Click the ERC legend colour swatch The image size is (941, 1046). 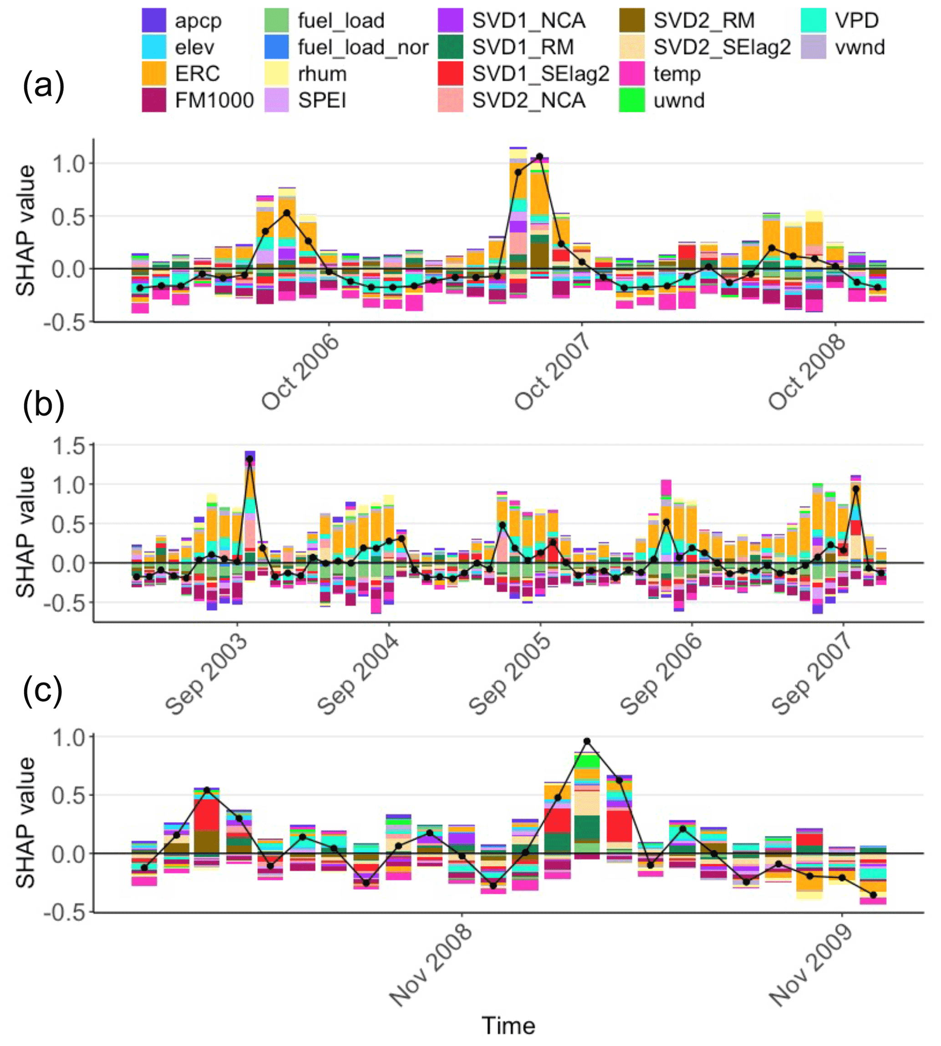[154, 73]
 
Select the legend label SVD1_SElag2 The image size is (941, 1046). [540, 74]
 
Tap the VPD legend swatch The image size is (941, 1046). [813, 20]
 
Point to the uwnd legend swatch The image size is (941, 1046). [632, 100]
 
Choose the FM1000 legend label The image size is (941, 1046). [214, 100]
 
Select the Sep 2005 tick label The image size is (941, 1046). [509, 674]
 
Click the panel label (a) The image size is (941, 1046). [43, 85]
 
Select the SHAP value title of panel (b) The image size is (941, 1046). [25, 533]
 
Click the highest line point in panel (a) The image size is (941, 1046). [539, 156]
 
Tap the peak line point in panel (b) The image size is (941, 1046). [250, 459]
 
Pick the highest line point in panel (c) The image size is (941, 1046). [587, 741]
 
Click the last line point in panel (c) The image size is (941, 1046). [873, 895]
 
